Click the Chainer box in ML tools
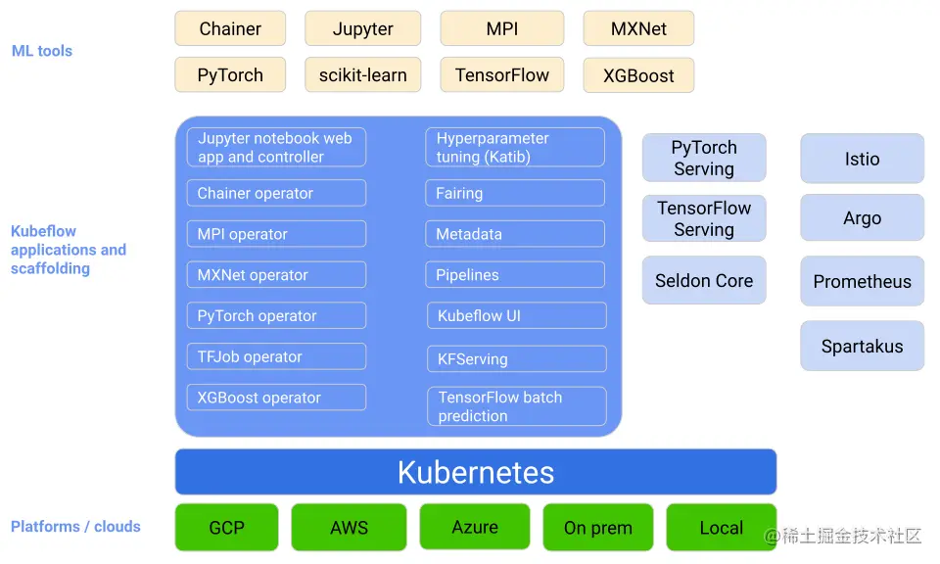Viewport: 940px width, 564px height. click(230, 28)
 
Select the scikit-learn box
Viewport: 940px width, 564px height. click(362, 75)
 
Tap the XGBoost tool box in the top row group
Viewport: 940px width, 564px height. click(638, 75)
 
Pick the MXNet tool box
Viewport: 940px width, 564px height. click(638, 28)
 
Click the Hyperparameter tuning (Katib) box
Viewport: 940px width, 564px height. click(515, 148)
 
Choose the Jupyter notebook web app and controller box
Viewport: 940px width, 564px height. click(276, 148)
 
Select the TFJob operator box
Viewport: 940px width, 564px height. click(276, 356)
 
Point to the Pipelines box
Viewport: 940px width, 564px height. click(515, 275)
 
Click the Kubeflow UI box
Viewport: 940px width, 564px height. click(515, 316)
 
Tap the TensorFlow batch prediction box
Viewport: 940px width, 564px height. click(516, 406)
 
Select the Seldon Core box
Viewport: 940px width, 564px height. click(704, 281)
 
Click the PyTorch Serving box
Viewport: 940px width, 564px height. click(704, 158)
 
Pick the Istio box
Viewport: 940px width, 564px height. click(862, 159)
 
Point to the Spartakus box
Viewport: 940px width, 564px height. click(862, 346)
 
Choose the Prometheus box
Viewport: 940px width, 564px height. click(862, 282)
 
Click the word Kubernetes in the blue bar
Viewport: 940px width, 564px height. click(476, 472)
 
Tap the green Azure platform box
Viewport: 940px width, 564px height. click(475, 527)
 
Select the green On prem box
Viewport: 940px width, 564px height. click(598, 528)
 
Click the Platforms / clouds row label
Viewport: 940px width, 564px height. click(75, 527)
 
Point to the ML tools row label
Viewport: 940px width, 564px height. click(42, 51)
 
